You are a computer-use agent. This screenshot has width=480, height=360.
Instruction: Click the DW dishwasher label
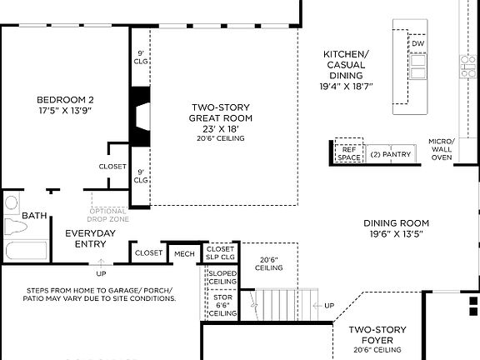[417, 43]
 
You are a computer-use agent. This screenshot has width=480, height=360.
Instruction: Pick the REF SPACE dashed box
[349, 151]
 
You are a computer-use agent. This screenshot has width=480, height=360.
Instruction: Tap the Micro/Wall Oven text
[441, 149]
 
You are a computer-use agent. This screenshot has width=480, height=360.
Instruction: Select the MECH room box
[184, 253]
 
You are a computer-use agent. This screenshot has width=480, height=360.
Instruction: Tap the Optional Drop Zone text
[110, 215]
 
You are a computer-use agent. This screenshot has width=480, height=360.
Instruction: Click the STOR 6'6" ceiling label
[222, 304]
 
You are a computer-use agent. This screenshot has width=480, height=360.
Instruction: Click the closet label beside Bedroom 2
[112, 167]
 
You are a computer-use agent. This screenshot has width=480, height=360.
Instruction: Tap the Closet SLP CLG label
[221, 253]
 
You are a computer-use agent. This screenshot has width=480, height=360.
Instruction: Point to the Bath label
[34, 216]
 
